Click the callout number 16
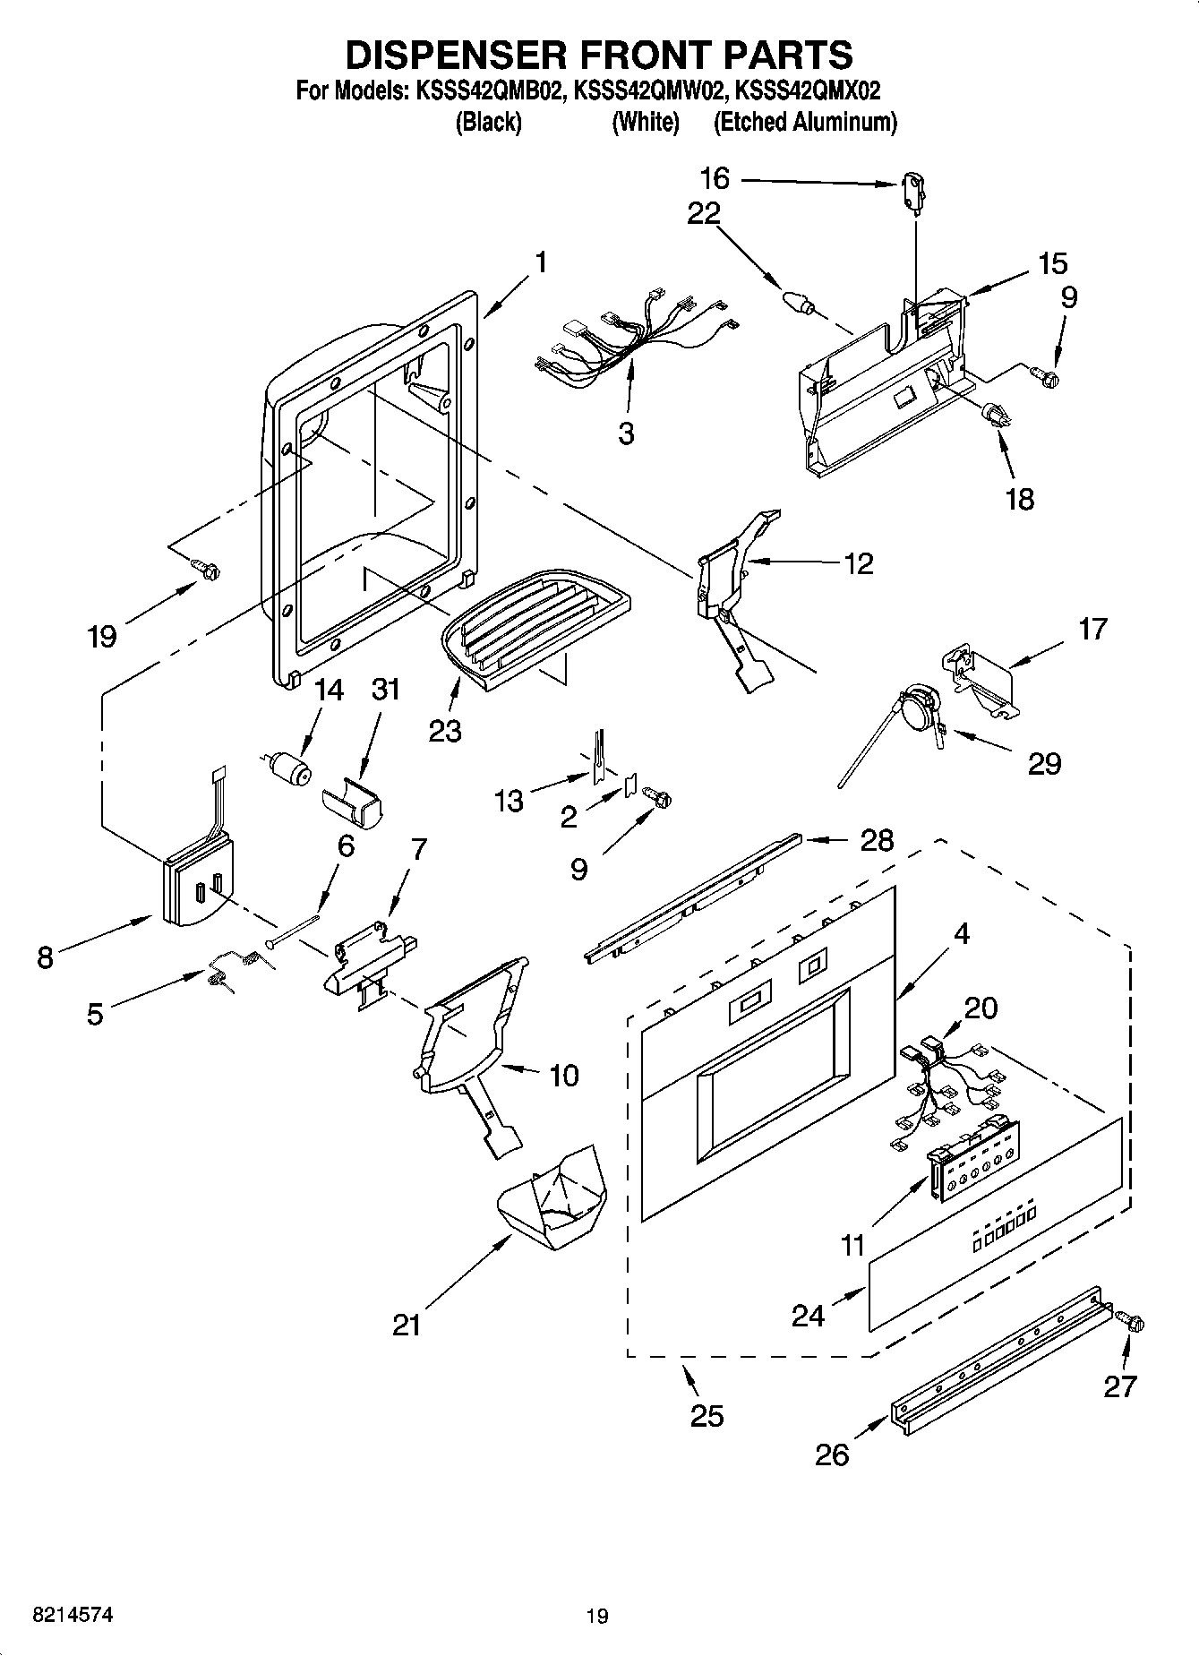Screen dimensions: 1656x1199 pyautogui.click(x=715, y=178)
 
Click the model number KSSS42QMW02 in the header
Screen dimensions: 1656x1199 pyautogui.click(x=647, y=90)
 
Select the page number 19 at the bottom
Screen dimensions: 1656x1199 pyautogui.click(x=597, y=1616)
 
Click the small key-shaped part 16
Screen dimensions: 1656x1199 pyautogui.click(x=913, y=193)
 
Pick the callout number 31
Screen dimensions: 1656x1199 pyautogui.click(x=386, y=689)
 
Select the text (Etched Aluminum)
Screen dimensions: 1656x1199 pyautogui.click(x=804, y=122)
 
